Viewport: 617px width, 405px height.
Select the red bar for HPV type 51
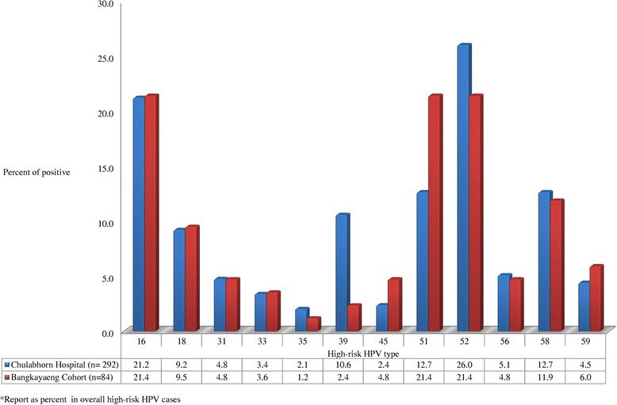click(x=434, y=213)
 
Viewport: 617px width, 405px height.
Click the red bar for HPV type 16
click(x=151, y=213)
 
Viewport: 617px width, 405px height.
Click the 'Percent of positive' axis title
click(x=36, y=171)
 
